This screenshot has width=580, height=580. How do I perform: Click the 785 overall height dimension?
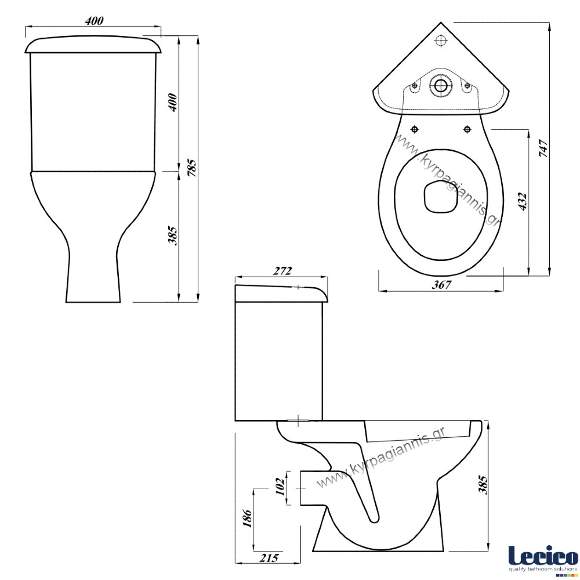click(192, 167)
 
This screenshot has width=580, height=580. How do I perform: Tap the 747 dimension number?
click(543, 148)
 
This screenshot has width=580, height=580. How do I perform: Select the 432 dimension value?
click(523, 202)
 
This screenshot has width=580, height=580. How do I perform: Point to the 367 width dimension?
click(441, 284)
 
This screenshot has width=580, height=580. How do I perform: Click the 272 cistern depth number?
click(282, 271)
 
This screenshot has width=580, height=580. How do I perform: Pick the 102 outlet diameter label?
click(280, 487)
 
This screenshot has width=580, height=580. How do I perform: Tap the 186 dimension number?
click(247, 519)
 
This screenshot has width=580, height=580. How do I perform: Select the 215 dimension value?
click(269, 558)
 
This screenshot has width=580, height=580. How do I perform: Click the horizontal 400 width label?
click(94, 21)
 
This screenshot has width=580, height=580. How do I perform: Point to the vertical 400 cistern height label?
click(173, 103)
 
